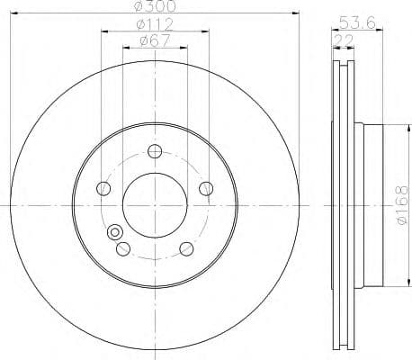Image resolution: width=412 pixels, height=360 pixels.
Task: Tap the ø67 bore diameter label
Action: tap(154, 40)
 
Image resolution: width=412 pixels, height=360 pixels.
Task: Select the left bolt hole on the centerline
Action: tap(103, 188)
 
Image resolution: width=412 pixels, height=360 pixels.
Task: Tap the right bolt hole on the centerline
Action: tap(206, 188)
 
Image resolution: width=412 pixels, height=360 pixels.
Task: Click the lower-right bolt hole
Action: tap(186, 248)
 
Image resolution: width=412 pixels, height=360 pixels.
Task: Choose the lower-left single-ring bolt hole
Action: tap(122, 248)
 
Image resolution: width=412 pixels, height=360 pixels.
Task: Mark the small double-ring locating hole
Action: tap(114, 233)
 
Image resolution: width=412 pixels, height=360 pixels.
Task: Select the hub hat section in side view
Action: tap(372, 203)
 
